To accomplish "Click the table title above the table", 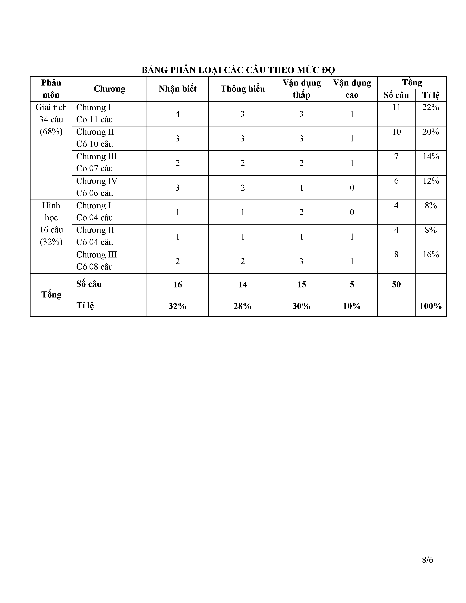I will (238, 70).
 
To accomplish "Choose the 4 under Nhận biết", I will (177, 114).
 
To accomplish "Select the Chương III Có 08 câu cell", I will (97, 261).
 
